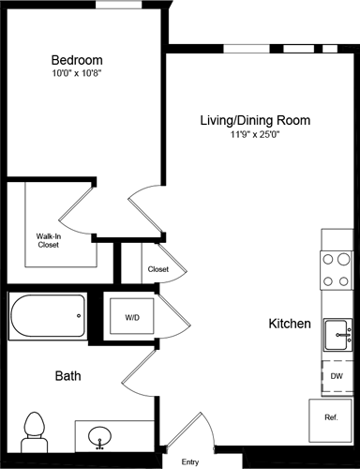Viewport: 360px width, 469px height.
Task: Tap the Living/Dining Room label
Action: pyautogui.click(x=254, y=120)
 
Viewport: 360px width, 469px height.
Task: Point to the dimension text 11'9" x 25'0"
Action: pyautogui.click(x=254, y=135)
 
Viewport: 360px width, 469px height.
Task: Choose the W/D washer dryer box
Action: pyautogui.click(x=132, y=318)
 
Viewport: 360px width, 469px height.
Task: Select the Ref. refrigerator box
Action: pyautogui.click(x=330, y=417)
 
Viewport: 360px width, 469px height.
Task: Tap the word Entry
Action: pyautogui.click(x=190, y=461)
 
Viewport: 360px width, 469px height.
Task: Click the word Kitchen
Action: pyautogui.click(x=290, y=324)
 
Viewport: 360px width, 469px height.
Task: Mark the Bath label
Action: pyautogui.click(x=67, y=376)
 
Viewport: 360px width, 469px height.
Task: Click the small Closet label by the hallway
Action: pyautogui.click(x=157, y=270)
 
